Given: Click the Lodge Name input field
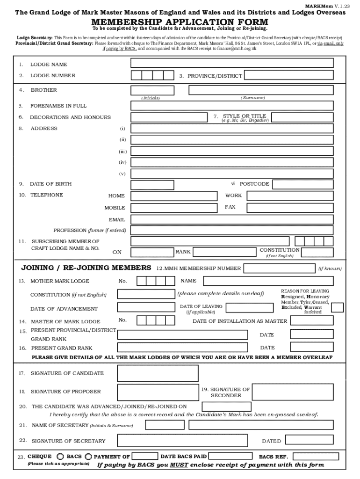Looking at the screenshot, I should [232, 63].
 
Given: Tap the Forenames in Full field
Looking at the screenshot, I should [232, 105].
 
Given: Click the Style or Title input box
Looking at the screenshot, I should [302, 117].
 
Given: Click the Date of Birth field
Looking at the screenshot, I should [174, 184].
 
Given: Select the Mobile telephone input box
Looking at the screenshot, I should [174, 208].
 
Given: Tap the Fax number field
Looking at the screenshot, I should [290, 208].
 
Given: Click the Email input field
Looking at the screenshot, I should [232, 219].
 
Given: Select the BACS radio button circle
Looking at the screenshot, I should [88, 457].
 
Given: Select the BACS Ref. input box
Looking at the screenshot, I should [316, 456].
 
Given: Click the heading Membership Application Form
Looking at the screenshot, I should [180, 22].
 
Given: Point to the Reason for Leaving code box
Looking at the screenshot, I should [337, 307].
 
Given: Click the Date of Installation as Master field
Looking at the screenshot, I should [312, 320].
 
